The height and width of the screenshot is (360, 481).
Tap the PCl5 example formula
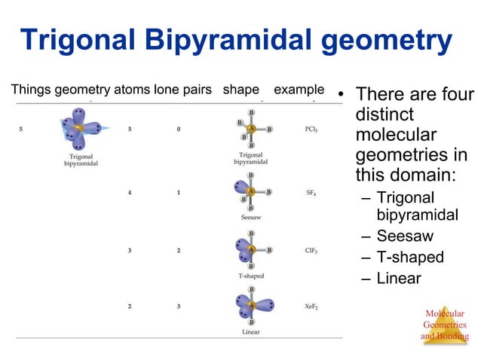311,129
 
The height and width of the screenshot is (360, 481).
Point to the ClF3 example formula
311,251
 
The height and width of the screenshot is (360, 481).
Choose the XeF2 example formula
311,307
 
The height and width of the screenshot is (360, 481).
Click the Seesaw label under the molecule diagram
251,217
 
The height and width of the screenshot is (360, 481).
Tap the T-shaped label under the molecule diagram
251,276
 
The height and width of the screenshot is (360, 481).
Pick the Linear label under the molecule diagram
251,331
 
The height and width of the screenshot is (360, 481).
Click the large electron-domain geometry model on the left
78,130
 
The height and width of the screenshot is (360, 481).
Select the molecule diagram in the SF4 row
251,193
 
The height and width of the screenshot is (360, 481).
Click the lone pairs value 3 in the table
179,307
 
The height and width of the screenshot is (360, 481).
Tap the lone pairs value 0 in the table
179,129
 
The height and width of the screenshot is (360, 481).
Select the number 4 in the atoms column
130,193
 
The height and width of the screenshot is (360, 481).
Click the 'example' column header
299,90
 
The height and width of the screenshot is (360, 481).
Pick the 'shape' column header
241,90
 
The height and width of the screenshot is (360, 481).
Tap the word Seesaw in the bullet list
405,236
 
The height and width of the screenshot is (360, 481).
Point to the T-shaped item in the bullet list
410,257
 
